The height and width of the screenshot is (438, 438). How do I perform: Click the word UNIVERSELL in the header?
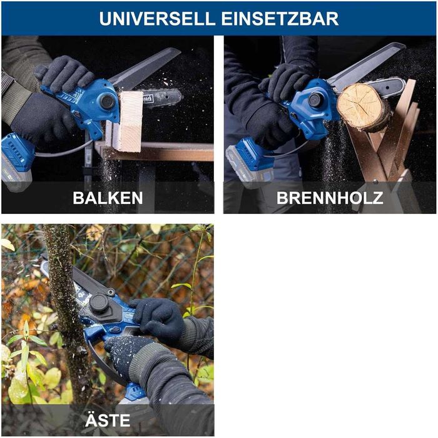point(157,18)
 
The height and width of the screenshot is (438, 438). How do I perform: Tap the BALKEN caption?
point(108,198)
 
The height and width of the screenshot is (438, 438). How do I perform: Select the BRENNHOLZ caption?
point(330,198)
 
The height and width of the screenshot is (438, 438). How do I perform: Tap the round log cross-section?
point(364,106)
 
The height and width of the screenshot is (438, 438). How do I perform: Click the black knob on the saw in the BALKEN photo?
point(108,101)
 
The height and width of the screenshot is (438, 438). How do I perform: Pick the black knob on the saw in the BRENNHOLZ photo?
point(315,99)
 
